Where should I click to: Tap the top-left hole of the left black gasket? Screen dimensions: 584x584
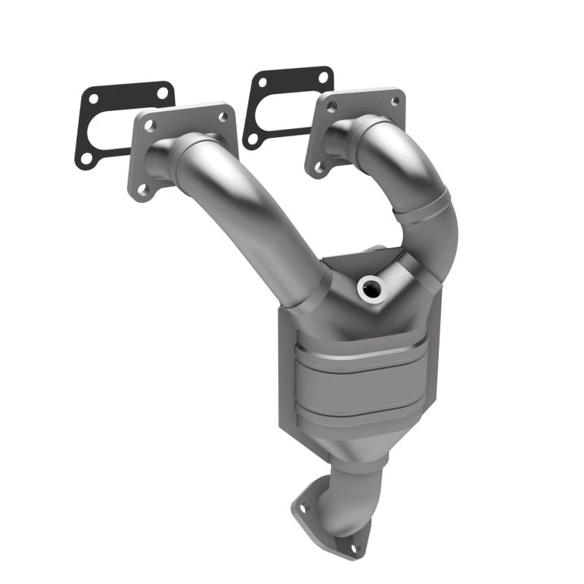[92, 99]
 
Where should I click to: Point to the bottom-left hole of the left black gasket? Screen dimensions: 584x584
[86, 157]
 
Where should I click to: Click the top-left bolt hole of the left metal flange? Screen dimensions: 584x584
[149, 127]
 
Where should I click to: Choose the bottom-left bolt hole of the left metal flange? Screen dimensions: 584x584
[143, 190]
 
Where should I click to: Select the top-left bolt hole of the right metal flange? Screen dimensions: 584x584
[330, 105]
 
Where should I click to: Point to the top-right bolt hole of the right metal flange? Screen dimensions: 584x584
[394, 101]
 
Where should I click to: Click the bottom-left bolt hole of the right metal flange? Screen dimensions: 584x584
[319, 167]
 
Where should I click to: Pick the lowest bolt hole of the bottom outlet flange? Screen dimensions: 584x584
[353, 549]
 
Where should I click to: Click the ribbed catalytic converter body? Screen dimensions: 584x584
[357, 381]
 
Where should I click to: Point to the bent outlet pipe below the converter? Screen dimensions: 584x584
[345, 495]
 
